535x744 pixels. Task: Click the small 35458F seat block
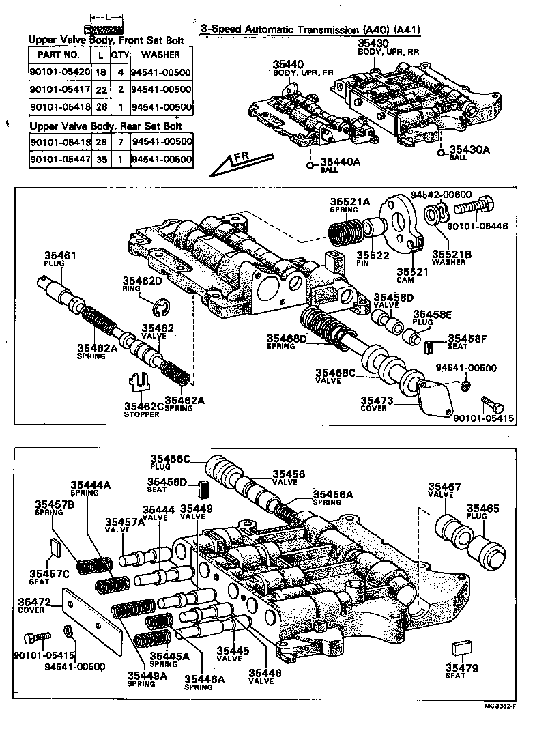(x=429, y=346)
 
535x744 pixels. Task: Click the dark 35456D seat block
(x=202, y=489)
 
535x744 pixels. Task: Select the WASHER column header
(x=160, y=54)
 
